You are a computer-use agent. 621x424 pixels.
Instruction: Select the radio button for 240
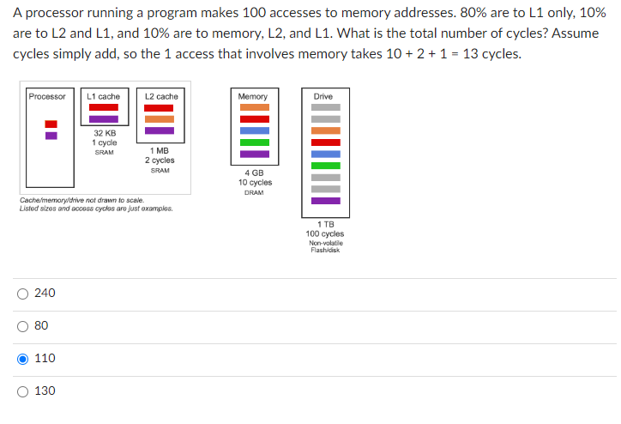pos(22,294)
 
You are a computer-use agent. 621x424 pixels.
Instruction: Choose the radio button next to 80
pos(22,326)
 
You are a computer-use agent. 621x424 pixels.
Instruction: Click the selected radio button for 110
pos(22,359)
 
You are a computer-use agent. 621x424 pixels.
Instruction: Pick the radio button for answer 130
pos(22,391)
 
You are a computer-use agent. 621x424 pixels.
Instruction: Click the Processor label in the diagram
pos(46,96)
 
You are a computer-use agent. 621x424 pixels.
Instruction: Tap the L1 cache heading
pos(104,96)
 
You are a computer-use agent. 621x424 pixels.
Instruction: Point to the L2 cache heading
pos(161,96)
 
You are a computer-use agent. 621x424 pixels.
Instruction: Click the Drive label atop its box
pos(323,96)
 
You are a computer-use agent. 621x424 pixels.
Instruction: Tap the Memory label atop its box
pos(253,96)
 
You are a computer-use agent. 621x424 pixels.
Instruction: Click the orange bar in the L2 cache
pos(159,119)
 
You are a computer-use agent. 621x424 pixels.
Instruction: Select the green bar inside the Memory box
pos(254,142)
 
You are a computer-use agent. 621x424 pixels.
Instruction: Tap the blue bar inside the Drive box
pos(325,154)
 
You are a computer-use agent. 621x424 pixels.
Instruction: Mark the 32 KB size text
pos(105,134)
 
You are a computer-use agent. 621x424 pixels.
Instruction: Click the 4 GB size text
pos(255,173)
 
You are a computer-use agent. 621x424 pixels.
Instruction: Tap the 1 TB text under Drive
pos(324,225)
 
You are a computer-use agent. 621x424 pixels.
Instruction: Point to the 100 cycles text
pos(324,233)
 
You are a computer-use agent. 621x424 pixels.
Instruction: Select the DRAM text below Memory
pos(255,192)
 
